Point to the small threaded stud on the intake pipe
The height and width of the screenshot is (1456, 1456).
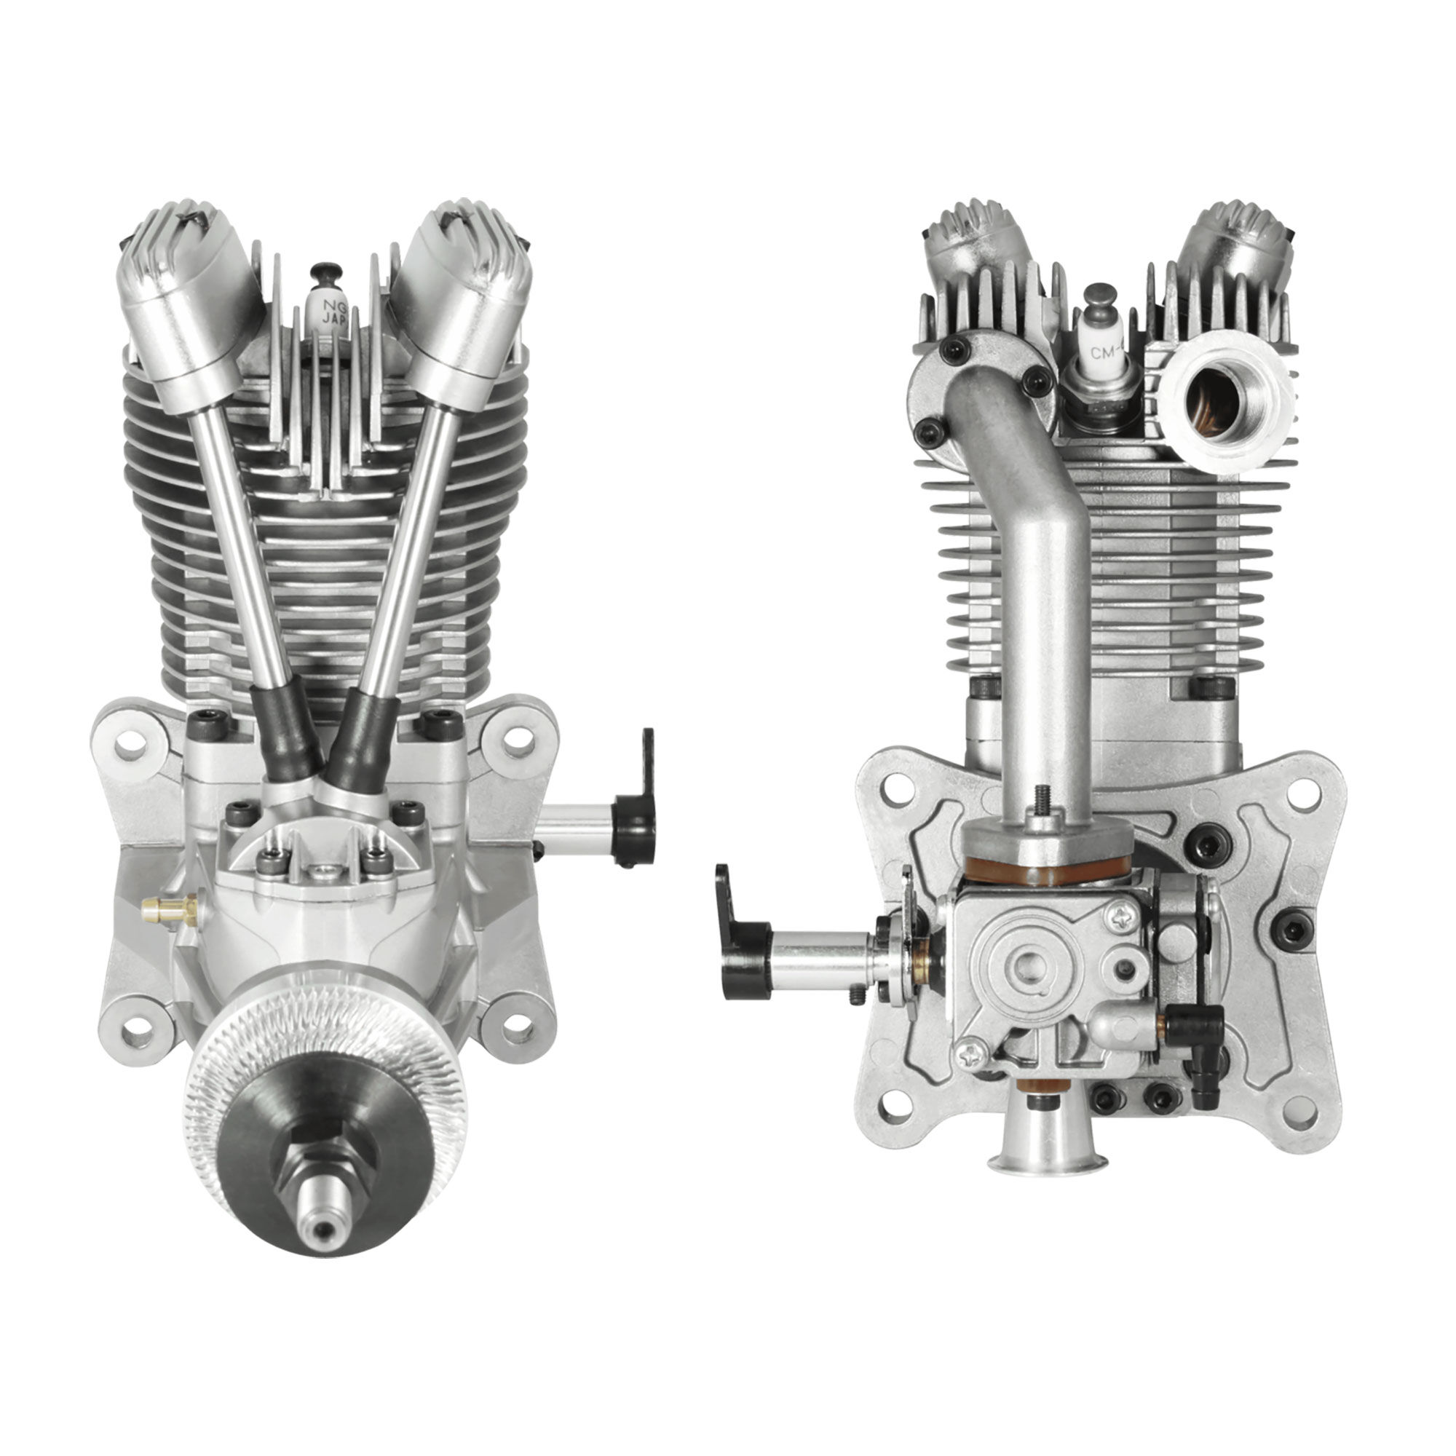(1043, 801)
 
